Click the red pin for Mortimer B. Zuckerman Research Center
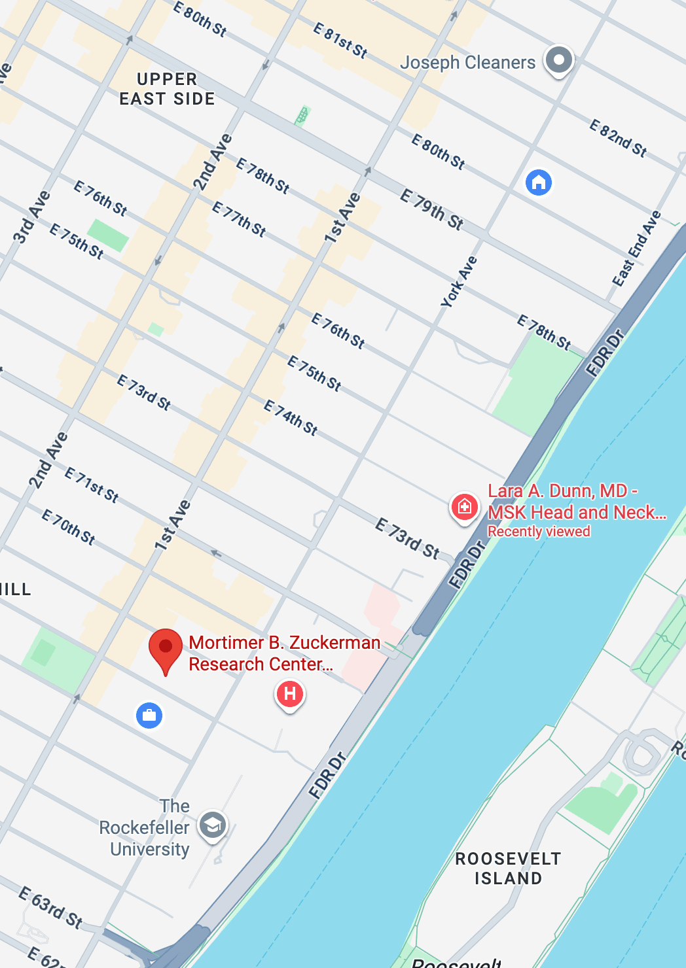166,648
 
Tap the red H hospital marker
290,694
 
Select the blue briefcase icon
149,715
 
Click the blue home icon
539,182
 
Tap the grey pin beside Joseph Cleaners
559,60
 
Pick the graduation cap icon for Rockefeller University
213,825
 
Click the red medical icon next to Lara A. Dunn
464,507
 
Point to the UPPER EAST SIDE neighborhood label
167,89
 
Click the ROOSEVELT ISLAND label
508,868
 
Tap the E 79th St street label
432,209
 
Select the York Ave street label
459,282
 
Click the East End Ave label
636,249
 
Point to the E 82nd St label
618,138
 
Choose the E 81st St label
340,40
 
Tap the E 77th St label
239,219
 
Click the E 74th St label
291,418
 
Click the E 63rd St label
50,907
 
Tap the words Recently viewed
539,531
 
